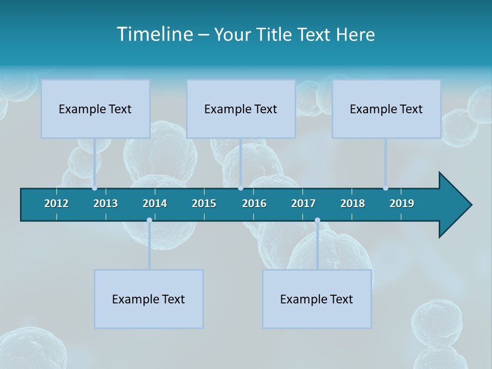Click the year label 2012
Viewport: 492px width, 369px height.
tap(56, 203)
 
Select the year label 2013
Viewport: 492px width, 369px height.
tap(106, 203)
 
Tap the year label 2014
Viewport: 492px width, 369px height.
tap(155, 203)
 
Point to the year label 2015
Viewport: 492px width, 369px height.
tap(204, 203)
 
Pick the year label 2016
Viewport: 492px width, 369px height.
tap(254, 203)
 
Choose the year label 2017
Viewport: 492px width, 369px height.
tap(303, 203)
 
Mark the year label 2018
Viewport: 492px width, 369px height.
tap(353, 203)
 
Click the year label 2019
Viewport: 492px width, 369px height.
tap(402, 203)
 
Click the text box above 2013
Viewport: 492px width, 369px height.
tap(95, 109)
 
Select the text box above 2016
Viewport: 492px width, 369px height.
tap(241, 109)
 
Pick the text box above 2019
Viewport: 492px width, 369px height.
tap(386, 109)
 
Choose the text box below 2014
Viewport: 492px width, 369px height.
tap(149, 299)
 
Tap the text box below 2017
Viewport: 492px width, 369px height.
tap(317, 299)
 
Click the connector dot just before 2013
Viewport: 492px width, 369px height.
tap(95, 188)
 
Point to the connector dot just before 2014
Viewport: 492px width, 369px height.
tap(149, 220)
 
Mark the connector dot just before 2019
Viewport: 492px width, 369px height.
tap(385, 188)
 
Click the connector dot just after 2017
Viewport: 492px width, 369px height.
tap(317, 220)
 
